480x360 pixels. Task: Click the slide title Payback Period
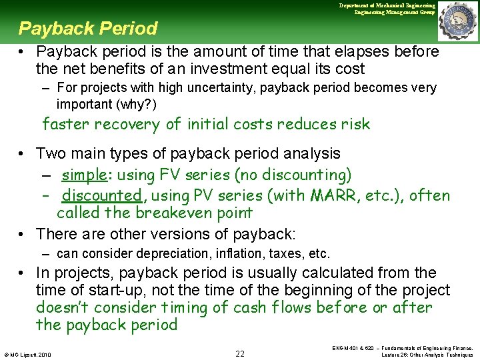pos(88,29)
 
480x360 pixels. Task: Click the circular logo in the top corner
pos(458,21)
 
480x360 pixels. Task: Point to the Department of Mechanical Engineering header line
pos(387,5)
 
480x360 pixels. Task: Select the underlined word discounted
pos(101,195)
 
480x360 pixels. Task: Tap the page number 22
pos(241,353)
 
